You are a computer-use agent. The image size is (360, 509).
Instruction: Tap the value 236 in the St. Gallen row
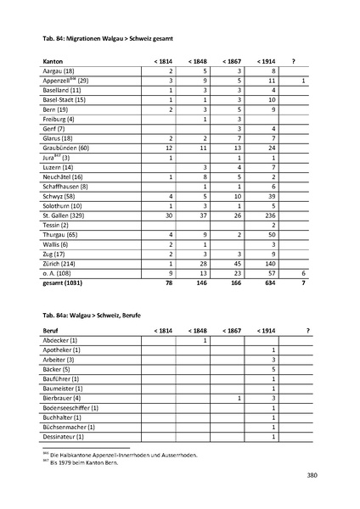271,216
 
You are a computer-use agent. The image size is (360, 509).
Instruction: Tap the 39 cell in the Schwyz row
273,197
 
